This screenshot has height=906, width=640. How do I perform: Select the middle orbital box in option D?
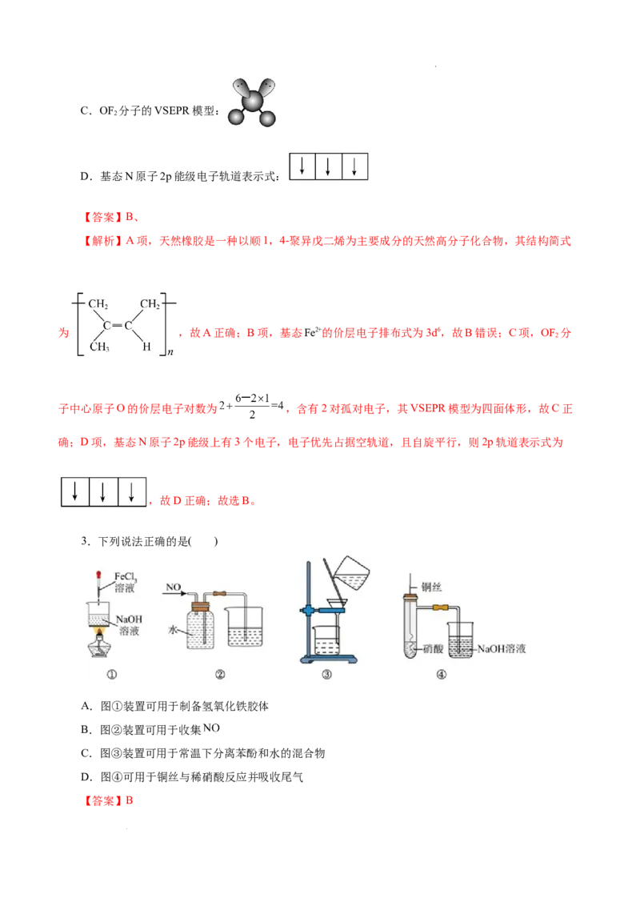328,166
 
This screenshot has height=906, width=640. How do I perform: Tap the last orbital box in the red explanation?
132,491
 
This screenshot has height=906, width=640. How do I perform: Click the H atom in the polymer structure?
146,347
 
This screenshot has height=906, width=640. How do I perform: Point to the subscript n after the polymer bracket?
170,351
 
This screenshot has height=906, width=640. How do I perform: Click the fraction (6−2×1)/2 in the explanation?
252,407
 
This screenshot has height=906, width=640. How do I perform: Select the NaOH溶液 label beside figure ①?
129,624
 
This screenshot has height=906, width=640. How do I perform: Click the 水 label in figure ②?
172,630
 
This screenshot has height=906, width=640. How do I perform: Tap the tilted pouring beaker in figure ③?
352,572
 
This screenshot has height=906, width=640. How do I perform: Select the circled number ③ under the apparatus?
327,675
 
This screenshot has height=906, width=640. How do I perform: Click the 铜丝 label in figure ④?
431,587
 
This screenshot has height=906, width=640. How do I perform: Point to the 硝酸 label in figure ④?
433,649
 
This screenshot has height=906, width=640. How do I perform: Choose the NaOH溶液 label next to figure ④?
502,649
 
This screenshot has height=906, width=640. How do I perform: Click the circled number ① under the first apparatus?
112,675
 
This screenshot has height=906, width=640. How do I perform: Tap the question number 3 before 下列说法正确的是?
84,541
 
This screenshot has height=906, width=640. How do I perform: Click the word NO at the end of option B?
211,728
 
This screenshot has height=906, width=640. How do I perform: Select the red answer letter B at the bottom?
130,800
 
